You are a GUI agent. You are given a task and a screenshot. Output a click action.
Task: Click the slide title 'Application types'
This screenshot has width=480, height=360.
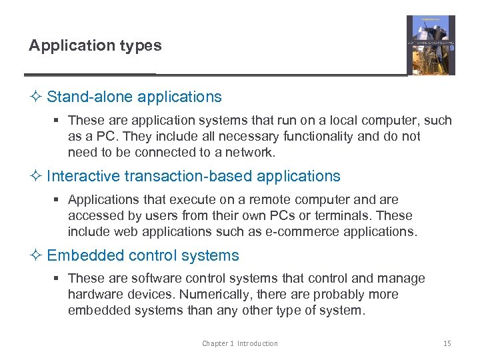tap(95, 46)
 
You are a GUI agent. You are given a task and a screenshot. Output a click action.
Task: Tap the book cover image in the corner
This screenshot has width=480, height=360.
tap(431, 45)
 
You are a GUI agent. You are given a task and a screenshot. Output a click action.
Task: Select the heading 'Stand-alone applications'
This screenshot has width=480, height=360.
tap(134, 97)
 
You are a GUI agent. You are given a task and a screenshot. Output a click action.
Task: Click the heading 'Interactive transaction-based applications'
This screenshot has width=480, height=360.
tap(193, 176)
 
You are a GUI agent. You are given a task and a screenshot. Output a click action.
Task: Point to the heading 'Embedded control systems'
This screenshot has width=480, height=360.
tap(143, 255)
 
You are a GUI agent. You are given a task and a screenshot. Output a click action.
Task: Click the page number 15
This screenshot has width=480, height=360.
tap(447, 343)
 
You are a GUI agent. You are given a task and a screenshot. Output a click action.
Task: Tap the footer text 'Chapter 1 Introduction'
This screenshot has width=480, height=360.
tap(240, 343)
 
